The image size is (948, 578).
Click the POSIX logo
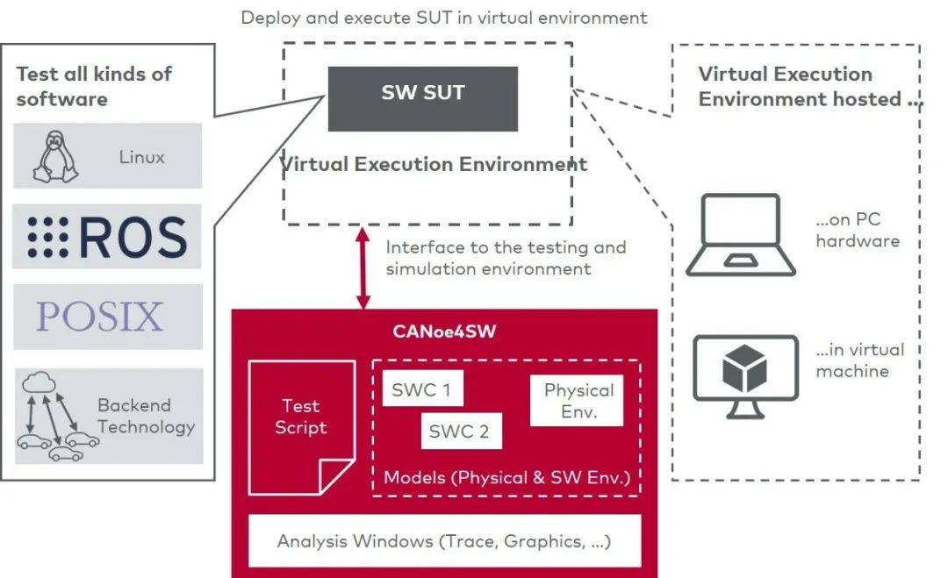click(100, 317)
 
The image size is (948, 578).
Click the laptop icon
click(742, 235)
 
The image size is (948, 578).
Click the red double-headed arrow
click(360, 268)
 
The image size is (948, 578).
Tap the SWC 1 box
click(422, 389)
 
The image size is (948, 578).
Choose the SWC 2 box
click(459, 432)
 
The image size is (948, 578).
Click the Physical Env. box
click(578, 401)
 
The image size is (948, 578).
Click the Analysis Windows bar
click(444, 541)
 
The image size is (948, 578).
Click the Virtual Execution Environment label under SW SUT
click(433, 164)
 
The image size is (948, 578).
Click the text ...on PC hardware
click(858, 231)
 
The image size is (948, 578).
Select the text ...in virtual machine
click(859, 360)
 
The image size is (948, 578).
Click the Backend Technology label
click(146, 417)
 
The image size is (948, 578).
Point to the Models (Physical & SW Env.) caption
click(506, 478)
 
